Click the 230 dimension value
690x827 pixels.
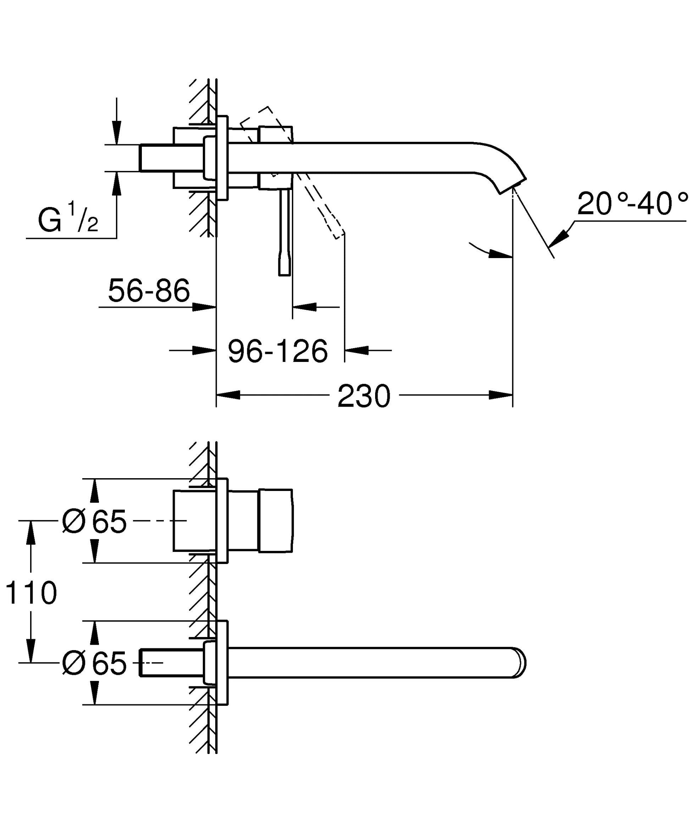pyautogui.click(x=363, y=397)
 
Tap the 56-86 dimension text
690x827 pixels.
pyautogui.click(x=149, y=291)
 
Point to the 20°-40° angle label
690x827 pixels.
pyautogui.click(x=632, y=203)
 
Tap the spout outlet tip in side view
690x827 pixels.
pyautogui.click(x=512, y=186)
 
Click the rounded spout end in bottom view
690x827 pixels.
pyautogui.click(x=520, y=663)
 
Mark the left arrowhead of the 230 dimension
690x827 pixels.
pyautogui.click(x=228, y=395)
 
